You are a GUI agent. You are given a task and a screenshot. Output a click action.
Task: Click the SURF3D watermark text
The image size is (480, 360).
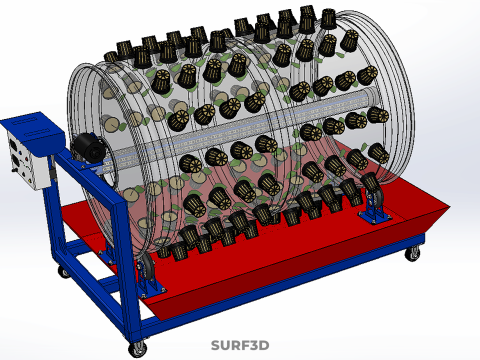point(240,345)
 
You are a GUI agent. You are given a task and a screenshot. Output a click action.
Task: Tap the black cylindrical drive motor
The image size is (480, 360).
point(89,148)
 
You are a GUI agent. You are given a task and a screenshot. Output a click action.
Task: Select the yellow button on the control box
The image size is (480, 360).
point(30,180)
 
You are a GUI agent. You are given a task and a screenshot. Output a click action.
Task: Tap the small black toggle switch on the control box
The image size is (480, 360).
point(14,170)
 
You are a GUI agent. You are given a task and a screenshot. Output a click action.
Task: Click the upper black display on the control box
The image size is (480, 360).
point(13,144)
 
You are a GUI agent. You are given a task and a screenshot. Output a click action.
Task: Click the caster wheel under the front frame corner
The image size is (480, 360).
point(137,349)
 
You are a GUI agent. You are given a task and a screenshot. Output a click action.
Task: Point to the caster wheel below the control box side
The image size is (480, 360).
point(63,272)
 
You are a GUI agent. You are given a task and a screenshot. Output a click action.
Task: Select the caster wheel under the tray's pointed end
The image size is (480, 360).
point(413,253)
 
